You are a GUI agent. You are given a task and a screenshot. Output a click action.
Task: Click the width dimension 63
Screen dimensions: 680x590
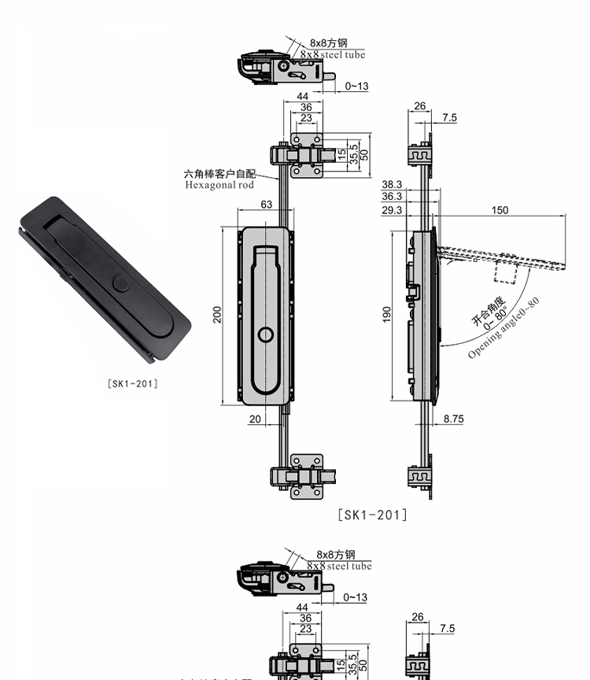[267, 205]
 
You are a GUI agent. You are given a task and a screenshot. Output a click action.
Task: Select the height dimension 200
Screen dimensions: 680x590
[217, 315]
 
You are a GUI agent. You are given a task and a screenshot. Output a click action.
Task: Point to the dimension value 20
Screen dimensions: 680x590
[255, 419]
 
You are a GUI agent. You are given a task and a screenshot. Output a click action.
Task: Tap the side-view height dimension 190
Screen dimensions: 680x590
[386, 315]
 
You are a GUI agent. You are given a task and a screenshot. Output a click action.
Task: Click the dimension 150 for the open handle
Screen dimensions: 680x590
[500, 210]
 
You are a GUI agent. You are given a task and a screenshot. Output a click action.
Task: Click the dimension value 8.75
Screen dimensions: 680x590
[453, 419]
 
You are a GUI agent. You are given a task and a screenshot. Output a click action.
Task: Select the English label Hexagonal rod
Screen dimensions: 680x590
[219, 186]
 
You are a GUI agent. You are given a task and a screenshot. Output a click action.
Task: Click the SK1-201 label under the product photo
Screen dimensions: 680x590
[132, 383]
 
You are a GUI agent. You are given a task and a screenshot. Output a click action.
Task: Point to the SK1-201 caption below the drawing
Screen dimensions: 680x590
[372, 516]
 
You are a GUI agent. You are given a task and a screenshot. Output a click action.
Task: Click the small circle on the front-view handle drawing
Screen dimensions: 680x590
[267, 336]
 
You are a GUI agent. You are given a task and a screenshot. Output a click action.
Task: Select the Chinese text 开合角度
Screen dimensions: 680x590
[488, 309]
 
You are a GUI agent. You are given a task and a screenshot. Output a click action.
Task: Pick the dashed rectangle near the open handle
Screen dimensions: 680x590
[505, 271]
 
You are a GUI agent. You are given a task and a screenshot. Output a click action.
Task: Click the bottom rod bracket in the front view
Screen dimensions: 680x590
[304, 477]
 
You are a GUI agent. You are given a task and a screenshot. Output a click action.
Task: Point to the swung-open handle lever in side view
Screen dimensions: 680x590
[503, 259]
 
